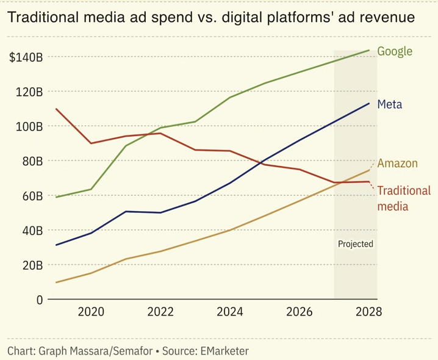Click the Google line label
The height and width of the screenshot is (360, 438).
tap(395, 51)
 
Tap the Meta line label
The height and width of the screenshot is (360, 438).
tap(389, 104)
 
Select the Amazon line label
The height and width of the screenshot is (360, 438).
tap(397, 163)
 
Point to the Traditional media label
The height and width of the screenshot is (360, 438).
tap(403, 198)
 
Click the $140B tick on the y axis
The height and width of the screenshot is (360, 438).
tap(26, 57)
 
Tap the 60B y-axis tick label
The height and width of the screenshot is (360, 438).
tap(30, 196)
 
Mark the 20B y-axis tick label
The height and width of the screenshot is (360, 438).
tap(30, 265)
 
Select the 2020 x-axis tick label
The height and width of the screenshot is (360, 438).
tap(92, 312)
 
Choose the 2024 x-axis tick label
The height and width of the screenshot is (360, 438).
tap(231, 312)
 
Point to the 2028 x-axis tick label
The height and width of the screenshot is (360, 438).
tap(369, 312)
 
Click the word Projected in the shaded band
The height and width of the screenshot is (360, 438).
tap(355, 244)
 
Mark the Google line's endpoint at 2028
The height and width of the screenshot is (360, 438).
tap(369, 50)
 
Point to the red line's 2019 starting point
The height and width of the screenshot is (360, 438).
tap(56, 109)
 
